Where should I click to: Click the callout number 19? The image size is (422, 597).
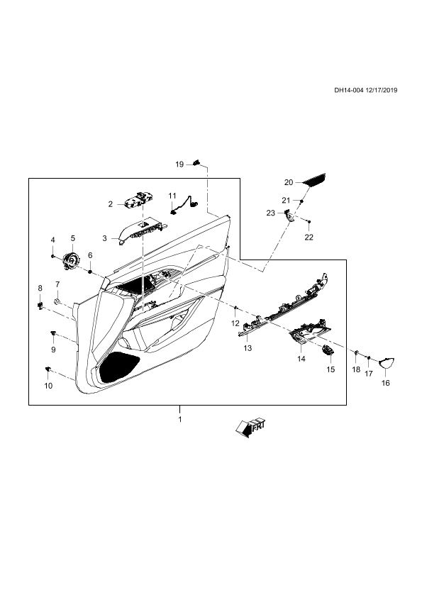(179, 164)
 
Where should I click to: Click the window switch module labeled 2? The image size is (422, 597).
(139, 200)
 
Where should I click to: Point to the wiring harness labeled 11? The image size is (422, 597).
(184, 205)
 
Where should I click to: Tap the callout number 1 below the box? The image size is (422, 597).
(179, 419)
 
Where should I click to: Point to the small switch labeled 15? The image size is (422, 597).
(327, 350)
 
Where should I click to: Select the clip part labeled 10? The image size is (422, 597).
(48, 369)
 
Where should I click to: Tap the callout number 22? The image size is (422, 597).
(309, 238)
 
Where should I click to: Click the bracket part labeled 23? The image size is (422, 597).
(289, 216)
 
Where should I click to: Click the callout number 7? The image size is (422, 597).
(57, 284)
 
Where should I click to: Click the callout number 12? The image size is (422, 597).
(235, 323)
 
